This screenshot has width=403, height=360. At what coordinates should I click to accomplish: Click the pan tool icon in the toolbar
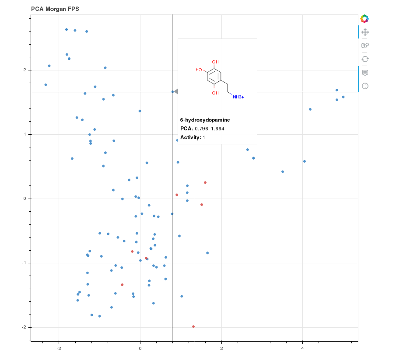pos(365,32)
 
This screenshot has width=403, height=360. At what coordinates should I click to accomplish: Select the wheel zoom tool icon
pos(365,45)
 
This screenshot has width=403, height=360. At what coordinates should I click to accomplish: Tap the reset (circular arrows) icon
pos(365,59)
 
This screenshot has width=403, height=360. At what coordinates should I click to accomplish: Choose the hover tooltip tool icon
pos(365,73)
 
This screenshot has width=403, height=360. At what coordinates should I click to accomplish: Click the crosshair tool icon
pos(365,86)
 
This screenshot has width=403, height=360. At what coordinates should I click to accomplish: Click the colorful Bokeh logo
pos(364,19)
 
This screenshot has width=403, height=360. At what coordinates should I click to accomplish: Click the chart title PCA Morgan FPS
pos(55,9)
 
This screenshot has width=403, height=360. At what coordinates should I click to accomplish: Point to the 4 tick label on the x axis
pos(302,348)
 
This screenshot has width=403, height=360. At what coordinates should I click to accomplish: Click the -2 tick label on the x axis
pos(59,348)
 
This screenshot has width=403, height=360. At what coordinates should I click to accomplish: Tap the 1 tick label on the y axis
pos(25,134)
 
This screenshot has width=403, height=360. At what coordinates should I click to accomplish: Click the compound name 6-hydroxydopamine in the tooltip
pos(205,120)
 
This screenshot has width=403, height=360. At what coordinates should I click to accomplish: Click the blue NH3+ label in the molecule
pos(238,97)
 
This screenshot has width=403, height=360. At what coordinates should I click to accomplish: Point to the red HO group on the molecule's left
pos(199,70)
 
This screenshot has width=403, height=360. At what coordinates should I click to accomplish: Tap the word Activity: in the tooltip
pos(191,137)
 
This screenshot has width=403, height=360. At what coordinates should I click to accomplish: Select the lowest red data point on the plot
pos(193,326)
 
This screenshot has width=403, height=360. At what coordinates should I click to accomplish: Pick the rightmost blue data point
pos(343,97)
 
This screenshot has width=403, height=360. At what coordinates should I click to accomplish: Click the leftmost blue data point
pos(46,85)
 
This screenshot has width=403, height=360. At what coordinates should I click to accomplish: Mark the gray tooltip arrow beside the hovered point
pos(176,91)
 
